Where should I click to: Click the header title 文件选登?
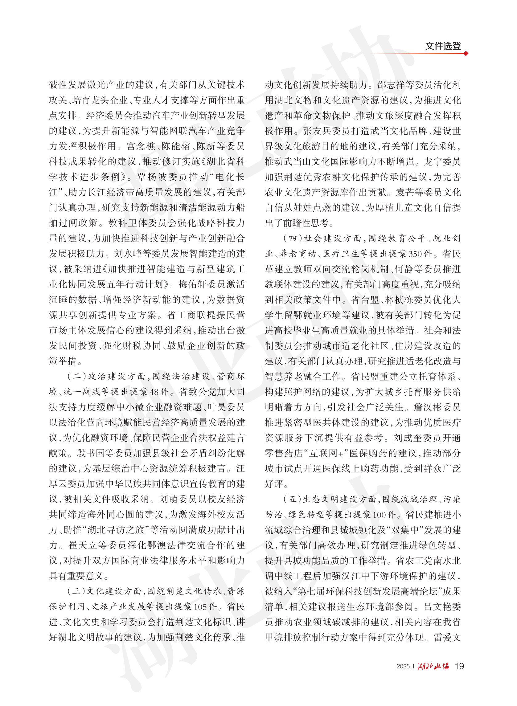[442, 46]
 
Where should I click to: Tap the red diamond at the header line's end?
[466, 54]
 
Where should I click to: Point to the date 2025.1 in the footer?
[405, 666]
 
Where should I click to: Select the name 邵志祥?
[392, 85]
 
